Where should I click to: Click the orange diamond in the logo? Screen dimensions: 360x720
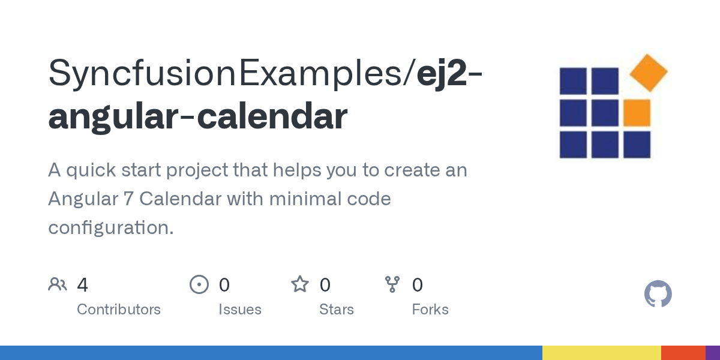pos(649,73)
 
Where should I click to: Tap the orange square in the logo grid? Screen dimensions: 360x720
pos(637,113)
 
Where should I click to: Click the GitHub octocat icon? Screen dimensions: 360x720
pos(658,294)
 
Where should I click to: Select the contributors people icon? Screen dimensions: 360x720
pos(58,284)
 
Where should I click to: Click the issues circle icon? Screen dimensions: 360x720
pos(199,284)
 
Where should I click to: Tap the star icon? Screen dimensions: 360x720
pos(300,284)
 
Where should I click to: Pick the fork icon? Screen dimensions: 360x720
pos(392,284)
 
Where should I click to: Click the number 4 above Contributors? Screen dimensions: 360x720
pos(83,285)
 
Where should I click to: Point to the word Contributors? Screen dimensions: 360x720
pos(119,310)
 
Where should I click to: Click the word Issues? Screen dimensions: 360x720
pos(240,310)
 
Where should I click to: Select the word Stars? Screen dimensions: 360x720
pos(337,310)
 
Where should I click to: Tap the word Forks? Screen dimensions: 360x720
pos(430,310)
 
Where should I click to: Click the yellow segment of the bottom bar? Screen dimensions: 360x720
pos(601,353)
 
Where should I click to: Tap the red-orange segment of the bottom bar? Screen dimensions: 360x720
pos(683,353)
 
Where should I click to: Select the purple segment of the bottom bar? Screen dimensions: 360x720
pos(713,353)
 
